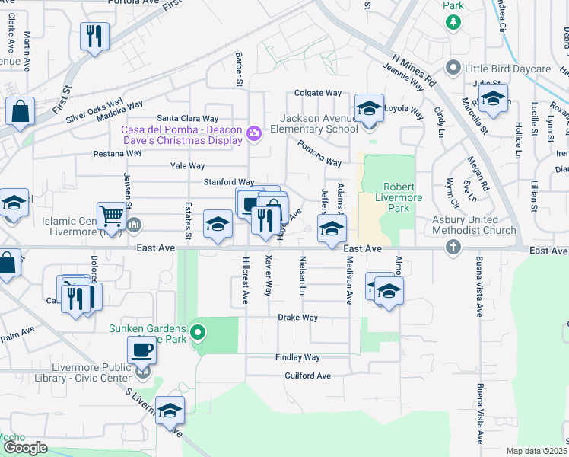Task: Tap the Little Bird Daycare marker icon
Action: (x=453, y=69)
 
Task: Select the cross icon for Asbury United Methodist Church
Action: (x=453, y=247)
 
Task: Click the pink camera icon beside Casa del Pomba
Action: (x=254, y=133)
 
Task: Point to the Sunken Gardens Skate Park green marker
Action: (x=198, y=332)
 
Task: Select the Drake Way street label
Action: (x=297, y=317)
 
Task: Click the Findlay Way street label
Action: (x=297, y=357)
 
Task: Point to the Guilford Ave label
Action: (x=307, y=376)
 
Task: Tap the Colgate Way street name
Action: (x=318, y=94)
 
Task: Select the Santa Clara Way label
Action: (x=187, y=119)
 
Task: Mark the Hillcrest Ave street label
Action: (x=245, y=280)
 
